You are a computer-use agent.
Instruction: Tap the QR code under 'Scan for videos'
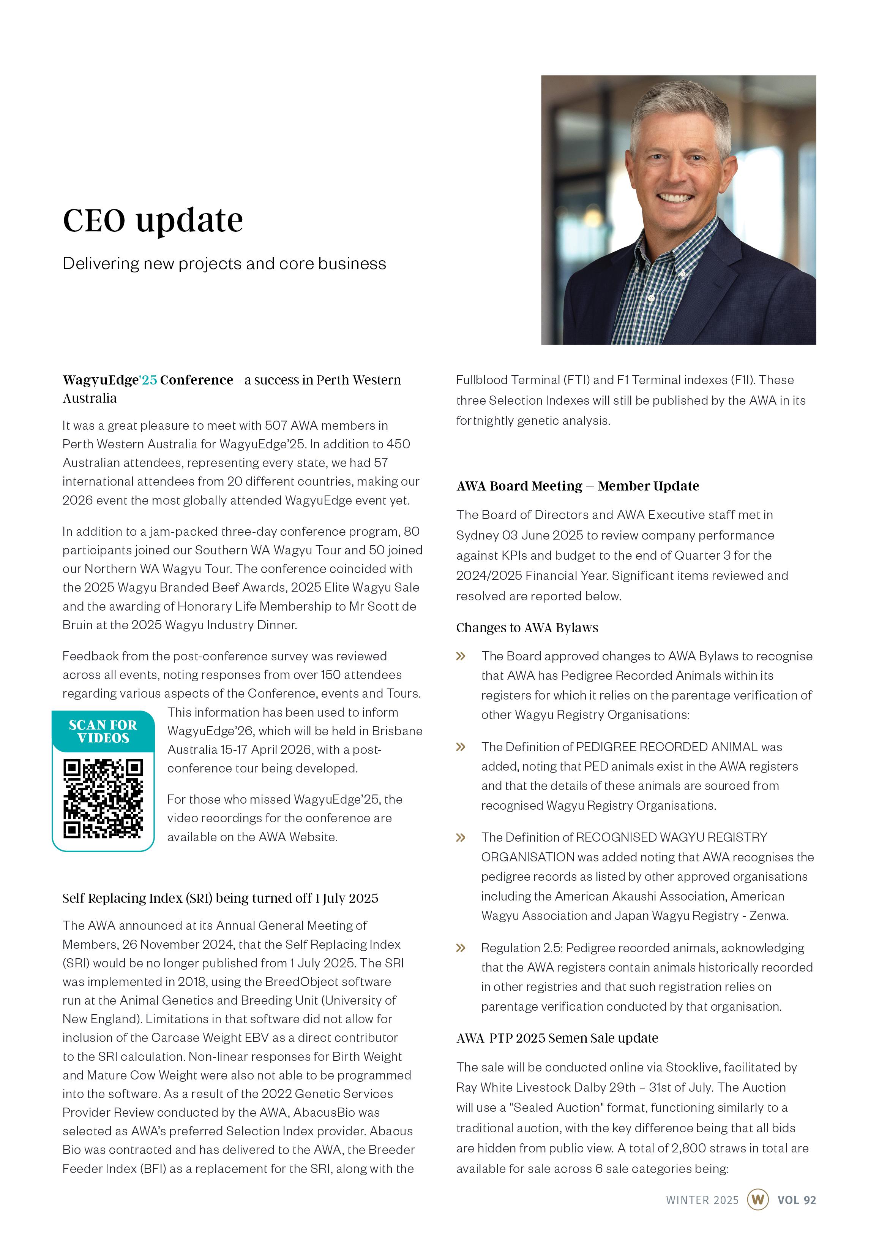pyautogui.click(x=103, y=799)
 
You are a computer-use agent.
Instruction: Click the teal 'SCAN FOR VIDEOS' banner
pyautogui.click(x=103, y=731)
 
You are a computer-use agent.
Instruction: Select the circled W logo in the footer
pyautogui.click(x=757, y=1200)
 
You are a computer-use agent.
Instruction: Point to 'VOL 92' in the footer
pyautogui.click(x=796, y=1200)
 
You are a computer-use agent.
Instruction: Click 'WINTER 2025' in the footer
pyautogui.click(x=702, y=1200)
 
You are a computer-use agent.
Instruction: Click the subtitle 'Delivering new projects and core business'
pyautogui.click(x=224, y=264)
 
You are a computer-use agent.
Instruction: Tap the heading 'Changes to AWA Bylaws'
pyautogui.click(x=527, y=628)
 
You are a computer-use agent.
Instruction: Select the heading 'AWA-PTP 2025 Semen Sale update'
pyautogui.click(x=557, y=1038)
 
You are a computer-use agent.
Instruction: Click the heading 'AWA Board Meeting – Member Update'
pyautogui.click(x=578, y=486)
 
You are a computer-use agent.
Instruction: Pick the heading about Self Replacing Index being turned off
pyautogui.click(x=220, y=898)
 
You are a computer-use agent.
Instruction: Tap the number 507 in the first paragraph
pyautogui.click(x=276, y=426)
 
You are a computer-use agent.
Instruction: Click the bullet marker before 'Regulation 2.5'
pyautogui.click(x=461, y=948)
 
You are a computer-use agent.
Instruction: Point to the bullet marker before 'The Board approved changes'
pyautogui.click(x=461, y=657)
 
